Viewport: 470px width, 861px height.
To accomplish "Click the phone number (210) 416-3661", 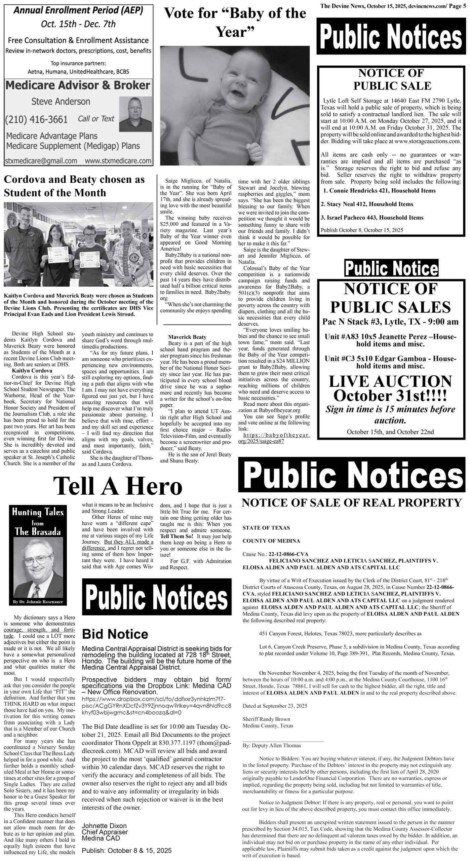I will coord(36,119).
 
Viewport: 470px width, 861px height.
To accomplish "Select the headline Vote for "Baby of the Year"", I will coord(235,23).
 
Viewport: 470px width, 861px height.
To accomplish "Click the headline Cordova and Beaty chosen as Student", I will coord(74,186).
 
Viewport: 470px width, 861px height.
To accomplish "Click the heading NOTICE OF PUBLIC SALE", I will coord(392,79).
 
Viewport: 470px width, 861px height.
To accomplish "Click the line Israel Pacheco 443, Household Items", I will coord(372,218).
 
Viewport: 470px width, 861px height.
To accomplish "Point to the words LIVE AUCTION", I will coord(390,381).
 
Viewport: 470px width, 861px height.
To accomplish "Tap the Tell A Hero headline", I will coord(118,486).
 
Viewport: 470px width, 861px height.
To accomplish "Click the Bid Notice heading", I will coord(115,634).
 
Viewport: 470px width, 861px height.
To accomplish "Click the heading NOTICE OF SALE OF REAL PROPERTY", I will coord(351,503).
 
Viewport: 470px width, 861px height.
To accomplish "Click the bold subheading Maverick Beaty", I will coord(187,337).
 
